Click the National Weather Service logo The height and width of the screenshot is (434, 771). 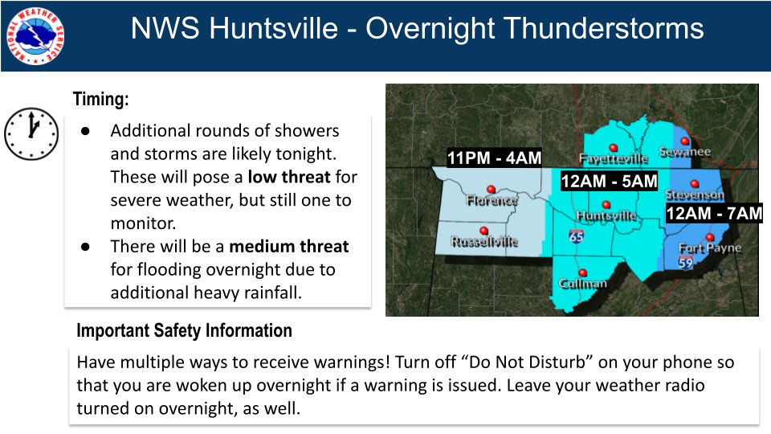(35, 35)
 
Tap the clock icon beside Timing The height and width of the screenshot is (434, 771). (31, 133)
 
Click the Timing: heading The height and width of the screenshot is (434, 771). (100, 100)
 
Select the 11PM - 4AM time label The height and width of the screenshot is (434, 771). (494, 158)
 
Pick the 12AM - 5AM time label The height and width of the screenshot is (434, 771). (609, 182)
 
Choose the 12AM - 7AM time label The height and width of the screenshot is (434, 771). (713, 213)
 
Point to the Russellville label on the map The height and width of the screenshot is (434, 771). (484, 241)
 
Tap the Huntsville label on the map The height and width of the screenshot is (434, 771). (607, 216)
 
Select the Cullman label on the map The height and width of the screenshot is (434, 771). (584, 284)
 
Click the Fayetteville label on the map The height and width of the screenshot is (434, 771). (614, 158)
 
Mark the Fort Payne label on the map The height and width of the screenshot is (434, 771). (710, 248)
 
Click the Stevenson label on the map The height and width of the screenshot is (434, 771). (695, 195)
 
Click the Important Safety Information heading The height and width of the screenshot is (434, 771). (184, 330)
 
